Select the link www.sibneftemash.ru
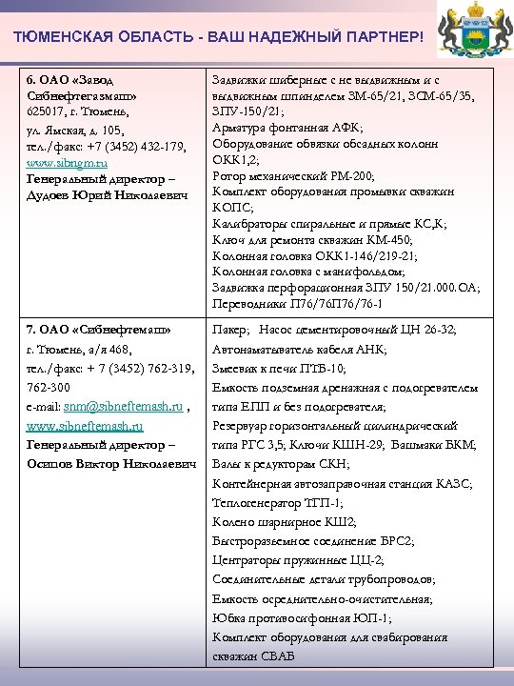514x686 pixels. pyautogui.click(x=85, y=426)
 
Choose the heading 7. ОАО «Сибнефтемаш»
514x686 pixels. pyautogui.click(x=99, y=329)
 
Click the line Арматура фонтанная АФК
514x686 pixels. pyautogui.click(x=287, y=127)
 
